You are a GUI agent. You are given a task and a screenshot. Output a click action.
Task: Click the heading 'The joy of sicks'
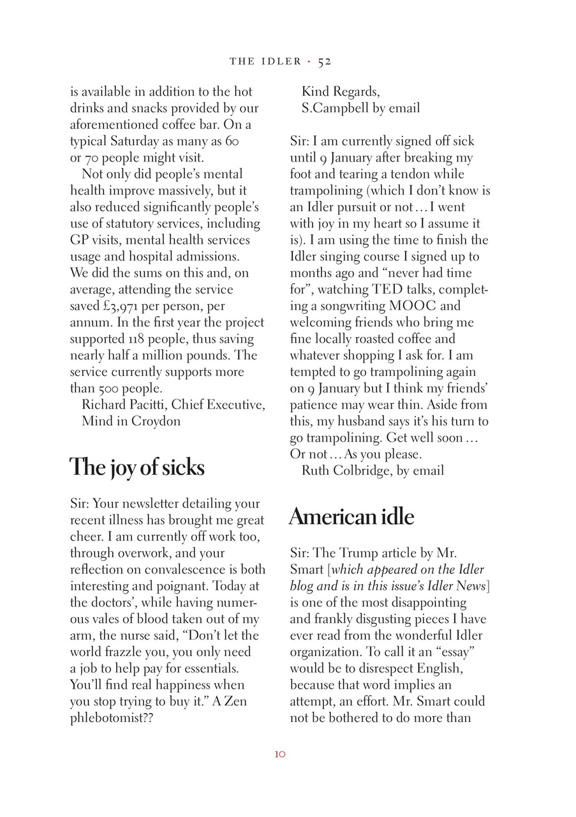click(137, 468)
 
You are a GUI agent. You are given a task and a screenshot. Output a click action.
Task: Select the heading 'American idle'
click(351, 516)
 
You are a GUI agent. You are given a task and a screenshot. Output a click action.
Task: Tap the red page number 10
click(280, 754)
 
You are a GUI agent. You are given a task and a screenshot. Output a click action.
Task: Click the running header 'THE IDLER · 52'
click(280, 61)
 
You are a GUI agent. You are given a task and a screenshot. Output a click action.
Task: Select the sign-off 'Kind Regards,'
click(340, 91)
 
